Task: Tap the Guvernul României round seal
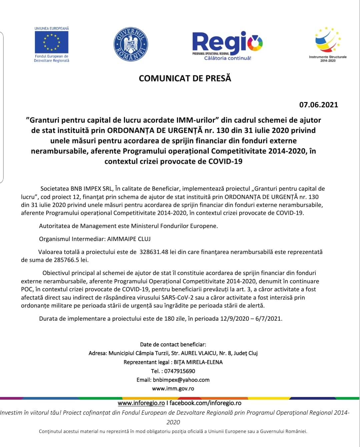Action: coord(131,44)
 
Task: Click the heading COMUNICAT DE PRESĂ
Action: coord(185,78)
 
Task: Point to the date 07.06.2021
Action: coord(318,105)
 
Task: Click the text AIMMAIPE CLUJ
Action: coord(129,239)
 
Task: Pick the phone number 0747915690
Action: coord(180,371)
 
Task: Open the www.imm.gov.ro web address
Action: coord(173,388)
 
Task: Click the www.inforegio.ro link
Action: coord(141,403)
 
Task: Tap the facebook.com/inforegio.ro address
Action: coord(205,403)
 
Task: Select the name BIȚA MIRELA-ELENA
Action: coord(198,362)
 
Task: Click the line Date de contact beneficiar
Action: coord(173,344)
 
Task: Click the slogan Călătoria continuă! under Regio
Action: coord(228,58)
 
